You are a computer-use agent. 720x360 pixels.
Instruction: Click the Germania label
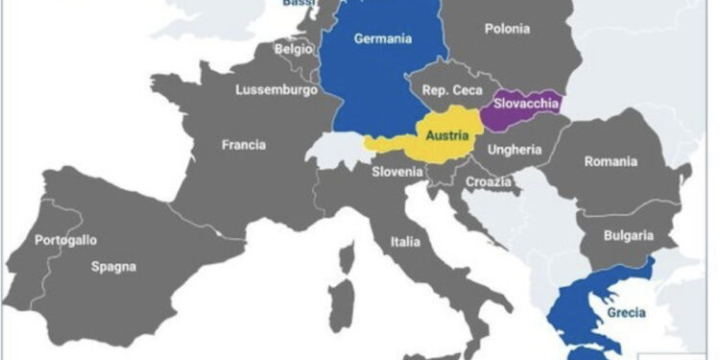pyautogui.click(x=382, y=39)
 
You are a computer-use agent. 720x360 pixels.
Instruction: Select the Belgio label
pyautogui.click(x=294, y=48)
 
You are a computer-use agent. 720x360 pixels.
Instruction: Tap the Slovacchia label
pyautogui.click(x=526, y=103)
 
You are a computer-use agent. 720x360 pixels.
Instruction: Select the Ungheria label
pyautogui.click(x=515, y=150)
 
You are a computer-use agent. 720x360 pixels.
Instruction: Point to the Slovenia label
pyautogui.click(x=397, y=171)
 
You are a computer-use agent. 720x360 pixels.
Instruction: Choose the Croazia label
pyautogui.click(x=486, y=180)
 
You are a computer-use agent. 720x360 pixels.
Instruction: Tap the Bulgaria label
pyautogui.click(x=628, y=235)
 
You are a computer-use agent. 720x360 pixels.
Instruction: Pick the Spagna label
pyautogui.click(x=114, y=266)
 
